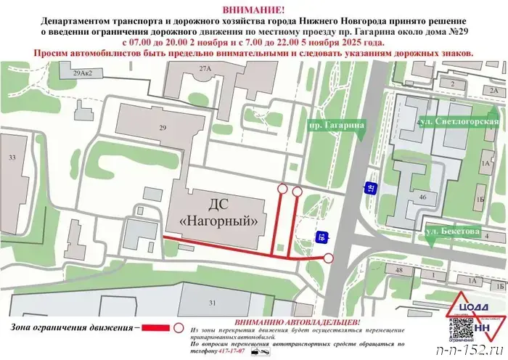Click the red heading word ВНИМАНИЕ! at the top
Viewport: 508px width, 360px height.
254,8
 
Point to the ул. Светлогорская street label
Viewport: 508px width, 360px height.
459,122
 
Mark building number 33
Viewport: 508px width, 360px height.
12,157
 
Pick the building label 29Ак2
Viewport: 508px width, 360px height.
86,73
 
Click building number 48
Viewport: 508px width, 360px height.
398,270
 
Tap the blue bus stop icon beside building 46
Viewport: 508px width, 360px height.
370,188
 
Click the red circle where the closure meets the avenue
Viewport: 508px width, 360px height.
329,258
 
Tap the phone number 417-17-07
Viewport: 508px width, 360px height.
233,351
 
